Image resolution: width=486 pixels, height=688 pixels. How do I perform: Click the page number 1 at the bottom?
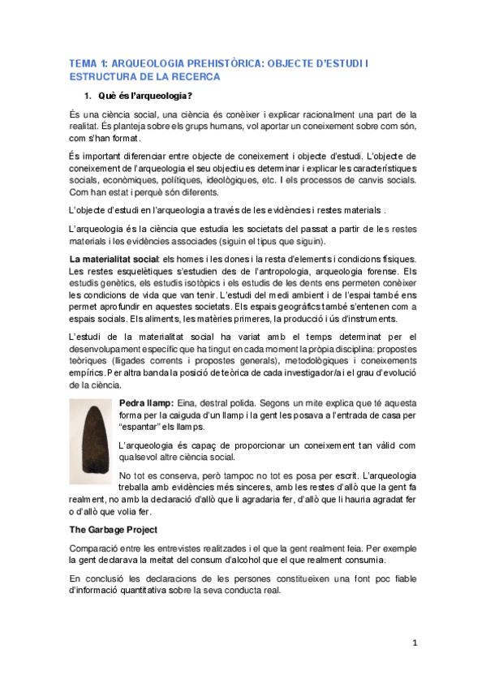coord(414,643)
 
